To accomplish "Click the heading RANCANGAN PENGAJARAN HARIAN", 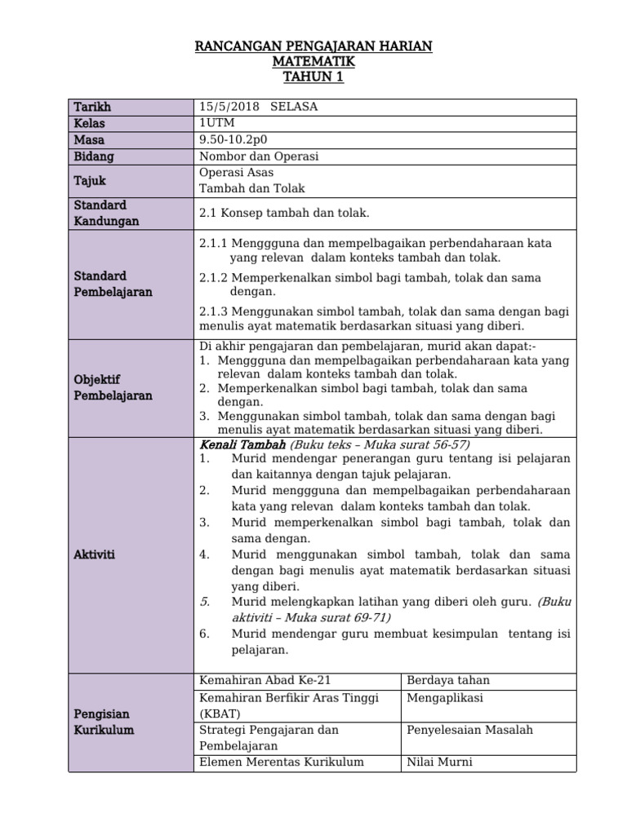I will tap(313, 47).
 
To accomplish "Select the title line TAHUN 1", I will tap(313, 77).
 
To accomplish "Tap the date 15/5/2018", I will tap(225, 108).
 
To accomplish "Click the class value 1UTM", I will tap(216, 123).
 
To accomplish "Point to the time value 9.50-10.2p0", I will tap(233, 139).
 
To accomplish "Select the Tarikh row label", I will tap(92, 108).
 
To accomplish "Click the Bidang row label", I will tap(94, 156).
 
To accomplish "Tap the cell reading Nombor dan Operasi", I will tap(259, 156).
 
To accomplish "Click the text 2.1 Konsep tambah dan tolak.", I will tap(284, 213).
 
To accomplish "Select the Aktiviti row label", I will tap(95, 554).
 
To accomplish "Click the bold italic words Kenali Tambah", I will tap(242, 445).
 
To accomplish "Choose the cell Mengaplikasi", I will tap(447, 697).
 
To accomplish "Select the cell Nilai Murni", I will tap(439, 762).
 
